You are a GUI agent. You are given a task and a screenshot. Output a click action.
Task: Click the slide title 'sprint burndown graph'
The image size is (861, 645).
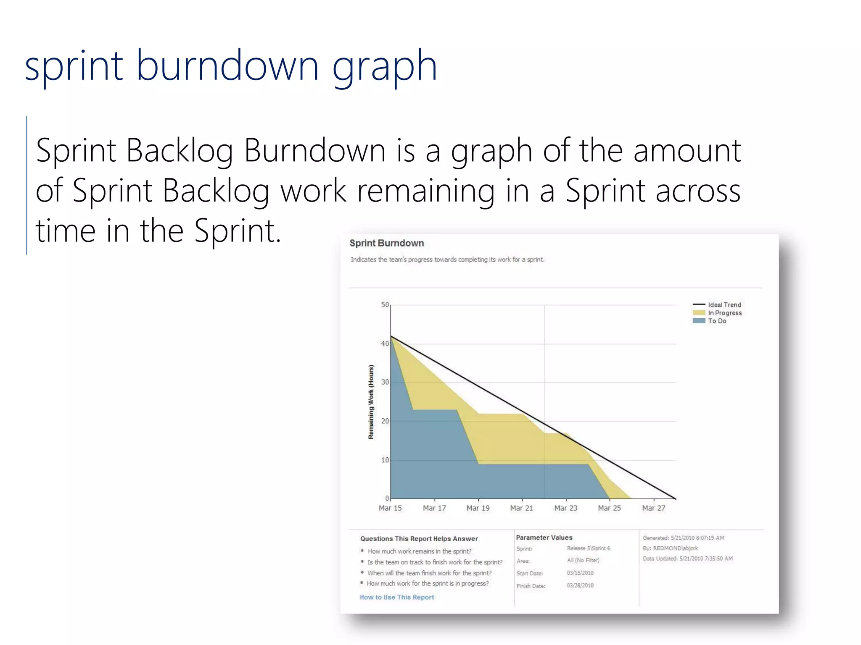click(x=231, y=66)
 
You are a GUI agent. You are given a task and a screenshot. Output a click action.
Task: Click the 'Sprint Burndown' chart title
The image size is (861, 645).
click(x=386, y=243)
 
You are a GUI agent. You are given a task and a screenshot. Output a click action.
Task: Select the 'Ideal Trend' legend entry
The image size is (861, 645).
click(x=724, y=305)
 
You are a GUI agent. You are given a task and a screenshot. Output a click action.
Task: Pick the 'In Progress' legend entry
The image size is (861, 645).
click(x=724, y=313)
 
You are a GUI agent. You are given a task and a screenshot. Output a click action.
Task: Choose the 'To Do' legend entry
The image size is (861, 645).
click(x=717, y=321)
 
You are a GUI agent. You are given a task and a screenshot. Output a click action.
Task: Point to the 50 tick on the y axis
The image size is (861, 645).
click(x=385, y=305)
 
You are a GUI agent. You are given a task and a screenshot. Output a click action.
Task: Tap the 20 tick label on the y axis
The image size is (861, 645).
click(x=385, y=421)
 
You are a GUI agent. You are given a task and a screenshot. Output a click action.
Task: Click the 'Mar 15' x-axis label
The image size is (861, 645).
click(x=390, y=508)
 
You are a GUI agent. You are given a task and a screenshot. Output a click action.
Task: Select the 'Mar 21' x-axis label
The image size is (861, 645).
click(x=521, y=508)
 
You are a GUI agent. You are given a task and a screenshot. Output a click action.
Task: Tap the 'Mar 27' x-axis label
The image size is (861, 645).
click(x=653, y=508)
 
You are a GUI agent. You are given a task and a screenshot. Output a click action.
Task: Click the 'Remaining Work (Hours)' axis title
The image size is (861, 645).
click(x=371, y=402)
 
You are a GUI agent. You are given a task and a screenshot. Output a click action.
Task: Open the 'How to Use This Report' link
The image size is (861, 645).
click(x=396, y=597)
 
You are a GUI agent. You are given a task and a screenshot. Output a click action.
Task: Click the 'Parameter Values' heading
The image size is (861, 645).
click(x=544, y=537)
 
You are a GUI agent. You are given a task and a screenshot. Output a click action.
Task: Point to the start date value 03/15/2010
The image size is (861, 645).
click(x=580, y=573)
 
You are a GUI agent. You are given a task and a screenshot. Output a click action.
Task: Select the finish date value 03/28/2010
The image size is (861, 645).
click(x=580, y=585)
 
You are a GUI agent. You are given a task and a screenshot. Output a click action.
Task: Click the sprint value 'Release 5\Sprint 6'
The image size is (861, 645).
click(x=588, y=548)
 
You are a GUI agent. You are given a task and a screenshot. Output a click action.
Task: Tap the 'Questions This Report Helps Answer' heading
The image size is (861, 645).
click(x=419, y=539)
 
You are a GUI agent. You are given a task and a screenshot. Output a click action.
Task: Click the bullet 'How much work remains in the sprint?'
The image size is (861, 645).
click(x=419, y=551)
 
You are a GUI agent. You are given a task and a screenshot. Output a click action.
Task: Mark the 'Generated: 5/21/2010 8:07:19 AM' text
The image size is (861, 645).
click(x=683, y=538)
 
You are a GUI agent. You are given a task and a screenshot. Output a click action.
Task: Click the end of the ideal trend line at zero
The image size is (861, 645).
click(x=676, y=499)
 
